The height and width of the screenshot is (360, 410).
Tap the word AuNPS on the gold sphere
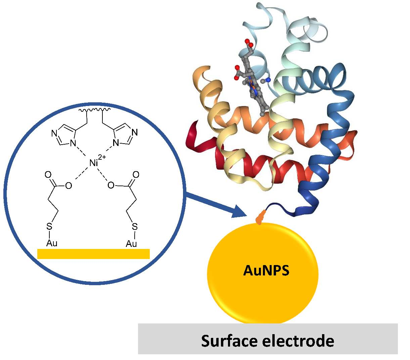coord(266,270)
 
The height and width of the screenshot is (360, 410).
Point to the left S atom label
coord(49,227)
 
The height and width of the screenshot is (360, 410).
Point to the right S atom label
coord(134,227)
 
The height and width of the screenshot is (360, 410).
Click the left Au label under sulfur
coord(52,243)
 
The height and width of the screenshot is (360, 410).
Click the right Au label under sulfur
coord(131,244)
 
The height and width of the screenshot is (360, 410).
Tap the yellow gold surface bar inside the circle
coord(93,254)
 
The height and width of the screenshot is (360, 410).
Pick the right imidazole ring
coord(124,136)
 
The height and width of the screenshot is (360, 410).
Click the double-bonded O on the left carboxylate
coord(48,174)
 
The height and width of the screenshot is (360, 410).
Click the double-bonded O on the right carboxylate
coord(136,174)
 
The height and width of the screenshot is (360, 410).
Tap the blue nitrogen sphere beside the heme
coord(268,80)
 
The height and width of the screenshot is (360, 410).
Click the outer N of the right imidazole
coord(135,132)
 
